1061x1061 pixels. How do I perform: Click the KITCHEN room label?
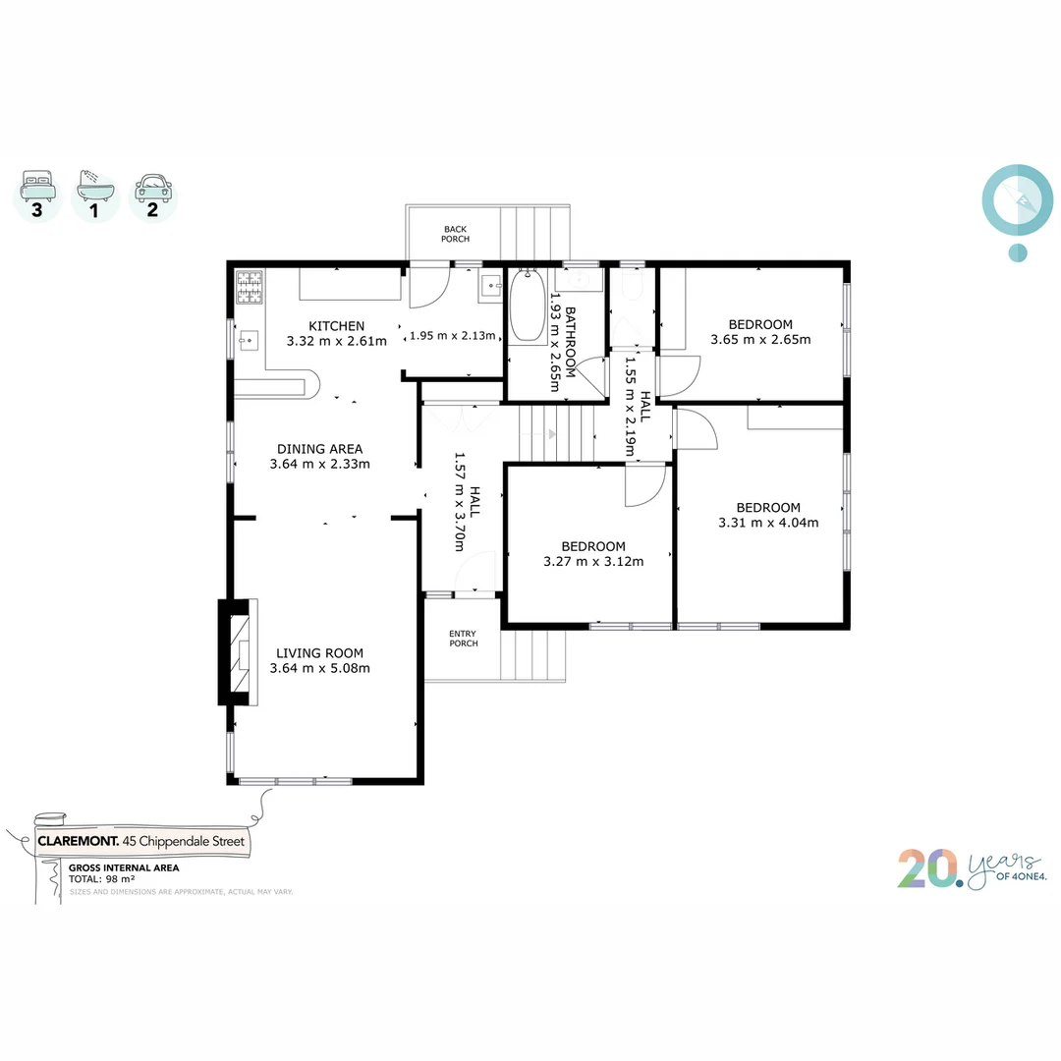coord(336,326)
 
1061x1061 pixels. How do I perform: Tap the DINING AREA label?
coord(319,449)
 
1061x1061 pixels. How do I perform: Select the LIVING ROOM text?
coord(319,653)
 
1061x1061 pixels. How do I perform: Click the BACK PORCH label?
coord(455,234)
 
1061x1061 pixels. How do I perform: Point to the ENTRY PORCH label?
coord(463,639)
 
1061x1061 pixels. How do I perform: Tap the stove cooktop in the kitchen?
coord(250,286)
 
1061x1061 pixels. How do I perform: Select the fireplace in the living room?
coord(237,652)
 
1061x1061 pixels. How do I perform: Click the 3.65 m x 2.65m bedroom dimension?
coord(759,340)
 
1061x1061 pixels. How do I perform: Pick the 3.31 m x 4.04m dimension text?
coord(767,523)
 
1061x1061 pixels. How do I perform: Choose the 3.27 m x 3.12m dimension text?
coord(592,562)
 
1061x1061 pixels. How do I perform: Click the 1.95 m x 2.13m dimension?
coord(453,335)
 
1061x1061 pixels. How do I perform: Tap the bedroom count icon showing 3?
coord(37,195)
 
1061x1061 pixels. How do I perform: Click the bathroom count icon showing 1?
coord(95,195)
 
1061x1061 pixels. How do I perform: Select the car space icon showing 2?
coord(152,195)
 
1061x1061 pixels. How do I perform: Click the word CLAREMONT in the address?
coord(78,841)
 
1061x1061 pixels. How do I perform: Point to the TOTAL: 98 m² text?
coord(101,880)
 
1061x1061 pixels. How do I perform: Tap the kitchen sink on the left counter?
coord(249,340)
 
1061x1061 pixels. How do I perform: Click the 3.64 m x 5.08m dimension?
coord(319,668)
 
